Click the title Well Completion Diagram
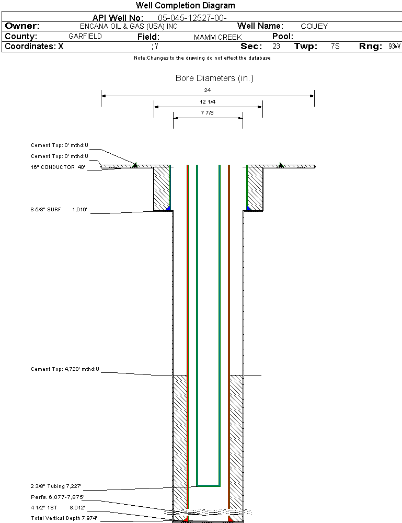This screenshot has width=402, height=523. (x=186, y=5)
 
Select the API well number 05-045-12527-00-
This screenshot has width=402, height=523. (x=192, y=18)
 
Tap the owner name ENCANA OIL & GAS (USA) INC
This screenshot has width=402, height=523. (x=129, y=26)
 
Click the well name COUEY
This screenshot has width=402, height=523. (x=314, y=26)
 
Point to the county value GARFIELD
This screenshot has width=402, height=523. (x=85, y=37)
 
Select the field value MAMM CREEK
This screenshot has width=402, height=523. (x=217, y=37)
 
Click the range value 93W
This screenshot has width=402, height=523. (x=394, y=47)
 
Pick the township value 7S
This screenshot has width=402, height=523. (x=335, y=47)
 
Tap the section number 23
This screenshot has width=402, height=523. (x=277, y=47)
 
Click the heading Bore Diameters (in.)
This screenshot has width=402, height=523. (x=214, y=78)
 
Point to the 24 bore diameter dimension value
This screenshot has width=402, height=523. (x=208, y=90)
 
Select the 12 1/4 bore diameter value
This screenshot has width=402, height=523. (x=208, y=102)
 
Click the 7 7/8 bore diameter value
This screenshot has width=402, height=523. (x=208, y=113)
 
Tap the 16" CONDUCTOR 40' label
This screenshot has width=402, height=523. (x=58, y=167)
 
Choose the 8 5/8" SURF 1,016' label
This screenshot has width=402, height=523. (x=59, y=210)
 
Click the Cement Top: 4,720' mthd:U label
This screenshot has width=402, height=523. (x=65, y=369)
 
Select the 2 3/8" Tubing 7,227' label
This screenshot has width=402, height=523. (x=56, y=486)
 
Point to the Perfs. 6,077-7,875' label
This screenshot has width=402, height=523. (x=58, y=497)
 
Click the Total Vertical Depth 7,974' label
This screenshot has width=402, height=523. (x=64, y=518)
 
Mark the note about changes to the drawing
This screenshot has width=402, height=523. (x=202, y=58)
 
